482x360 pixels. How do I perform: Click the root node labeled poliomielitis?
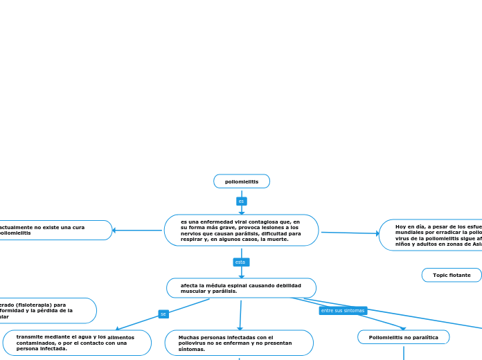[242, 181]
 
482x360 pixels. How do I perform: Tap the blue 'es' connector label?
[241, 201]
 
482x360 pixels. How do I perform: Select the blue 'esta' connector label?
[240, 262]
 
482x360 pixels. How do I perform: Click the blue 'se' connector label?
[163, 314]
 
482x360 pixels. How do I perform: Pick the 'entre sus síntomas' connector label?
[343, 311]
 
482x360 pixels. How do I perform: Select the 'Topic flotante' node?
[452, 276]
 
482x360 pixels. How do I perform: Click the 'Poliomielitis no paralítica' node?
[404, 337]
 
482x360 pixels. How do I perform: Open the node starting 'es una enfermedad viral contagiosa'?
[241, 231]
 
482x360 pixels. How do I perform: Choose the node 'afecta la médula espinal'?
[241, 288]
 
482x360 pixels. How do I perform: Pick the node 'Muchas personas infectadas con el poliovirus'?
[239, 343]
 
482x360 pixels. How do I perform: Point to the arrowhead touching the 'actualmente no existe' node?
[115, 231]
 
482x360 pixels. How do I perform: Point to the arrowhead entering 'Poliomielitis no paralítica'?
[403, 328]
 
